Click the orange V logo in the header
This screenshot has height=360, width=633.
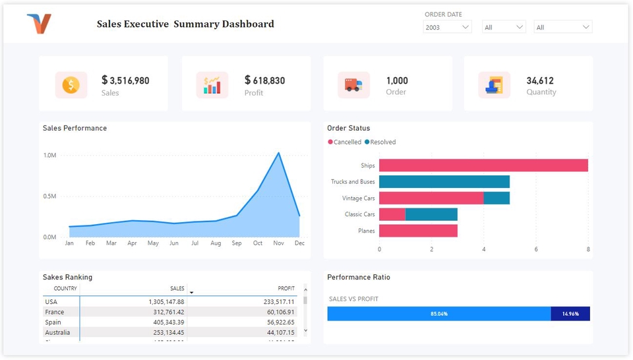(x=39, y=24)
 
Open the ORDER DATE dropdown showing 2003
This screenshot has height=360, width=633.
(x=447, y=27)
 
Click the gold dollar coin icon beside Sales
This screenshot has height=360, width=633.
(x=71, y=85)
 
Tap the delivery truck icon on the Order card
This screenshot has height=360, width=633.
(x=353, y=85)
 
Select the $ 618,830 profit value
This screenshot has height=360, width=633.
(x=264, y=80)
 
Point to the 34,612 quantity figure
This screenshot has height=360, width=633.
(x=539, y=80)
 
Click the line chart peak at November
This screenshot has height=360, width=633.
(x=278, y=153)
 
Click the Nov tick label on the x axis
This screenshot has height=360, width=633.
(x=278, y=243)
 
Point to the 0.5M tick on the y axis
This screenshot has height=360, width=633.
(x=50, y=196)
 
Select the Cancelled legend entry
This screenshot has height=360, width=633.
(x=344, y=142)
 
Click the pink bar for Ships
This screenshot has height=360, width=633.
(x=483, y=165)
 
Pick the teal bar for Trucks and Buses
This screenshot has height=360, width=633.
(x=444, y=182)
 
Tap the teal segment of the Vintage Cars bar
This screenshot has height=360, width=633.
(x=497, y=198)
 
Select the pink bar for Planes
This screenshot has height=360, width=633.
(x=418, y=231)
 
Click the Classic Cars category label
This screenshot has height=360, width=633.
(x=359, y=214)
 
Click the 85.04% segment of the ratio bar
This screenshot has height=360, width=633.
(x=438, y=314)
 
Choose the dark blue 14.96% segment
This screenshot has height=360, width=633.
(x=570, y=314)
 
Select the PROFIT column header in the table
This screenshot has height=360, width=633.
(x=286, y=289)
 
